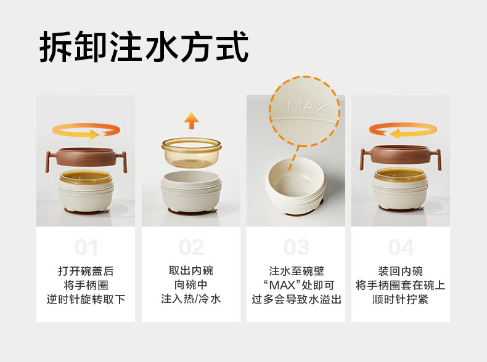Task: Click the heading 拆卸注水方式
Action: point(144,47)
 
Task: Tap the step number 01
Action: point(86,247)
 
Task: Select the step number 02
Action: point(191,247)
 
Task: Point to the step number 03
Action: point(296,247)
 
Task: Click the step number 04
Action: point(401,247)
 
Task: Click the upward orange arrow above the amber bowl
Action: point(191,121)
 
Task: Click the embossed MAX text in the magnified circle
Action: point(308,107)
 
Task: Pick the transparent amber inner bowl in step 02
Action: point(191,153)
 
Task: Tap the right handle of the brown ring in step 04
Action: point(437,159)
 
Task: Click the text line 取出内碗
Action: point(191,271)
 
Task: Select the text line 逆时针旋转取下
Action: point(86,299)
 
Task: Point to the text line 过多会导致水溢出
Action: point(297,299)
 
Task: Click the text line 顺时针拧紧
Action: point(400,299)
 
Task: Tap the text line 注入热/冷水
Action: point(191,299)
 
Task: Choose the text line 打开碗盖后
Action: point(86,271)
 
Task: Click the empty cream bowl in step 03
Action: point(296,185)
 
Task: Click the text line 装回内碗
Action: point(400,271)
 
